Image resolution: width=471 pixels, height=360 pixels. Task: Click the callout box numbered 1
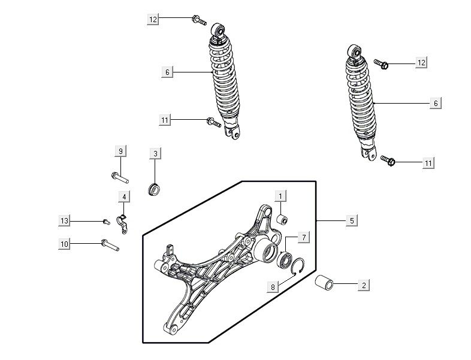click(x=280, y=196)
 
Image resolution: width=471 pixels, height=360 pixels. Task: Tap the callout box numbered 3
click(x=155, y=154)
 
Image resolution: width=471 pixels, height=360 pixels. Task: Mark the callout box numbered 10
click(x=65, y=243)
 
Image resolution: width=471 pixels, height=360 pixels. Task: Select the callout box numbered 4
click(x=124, y=196)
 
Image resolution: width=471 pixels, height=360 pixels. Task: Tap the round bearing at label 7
click(x=285, y=260)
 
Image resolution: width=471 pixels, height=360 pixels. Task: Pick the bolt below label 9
click(x=119, y=177)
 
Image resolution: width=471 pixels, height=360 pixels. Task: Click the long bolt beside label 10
click(x=111, y=245)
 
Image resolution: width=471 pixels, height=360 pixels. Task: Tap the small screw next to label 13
click(x=106, y=221)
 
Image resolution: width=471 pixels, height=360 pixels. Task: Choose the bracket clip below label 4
click(x=122, y=222)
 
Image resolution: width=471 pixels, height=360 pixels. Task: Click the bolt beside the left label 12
click(x=200, y=22)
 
